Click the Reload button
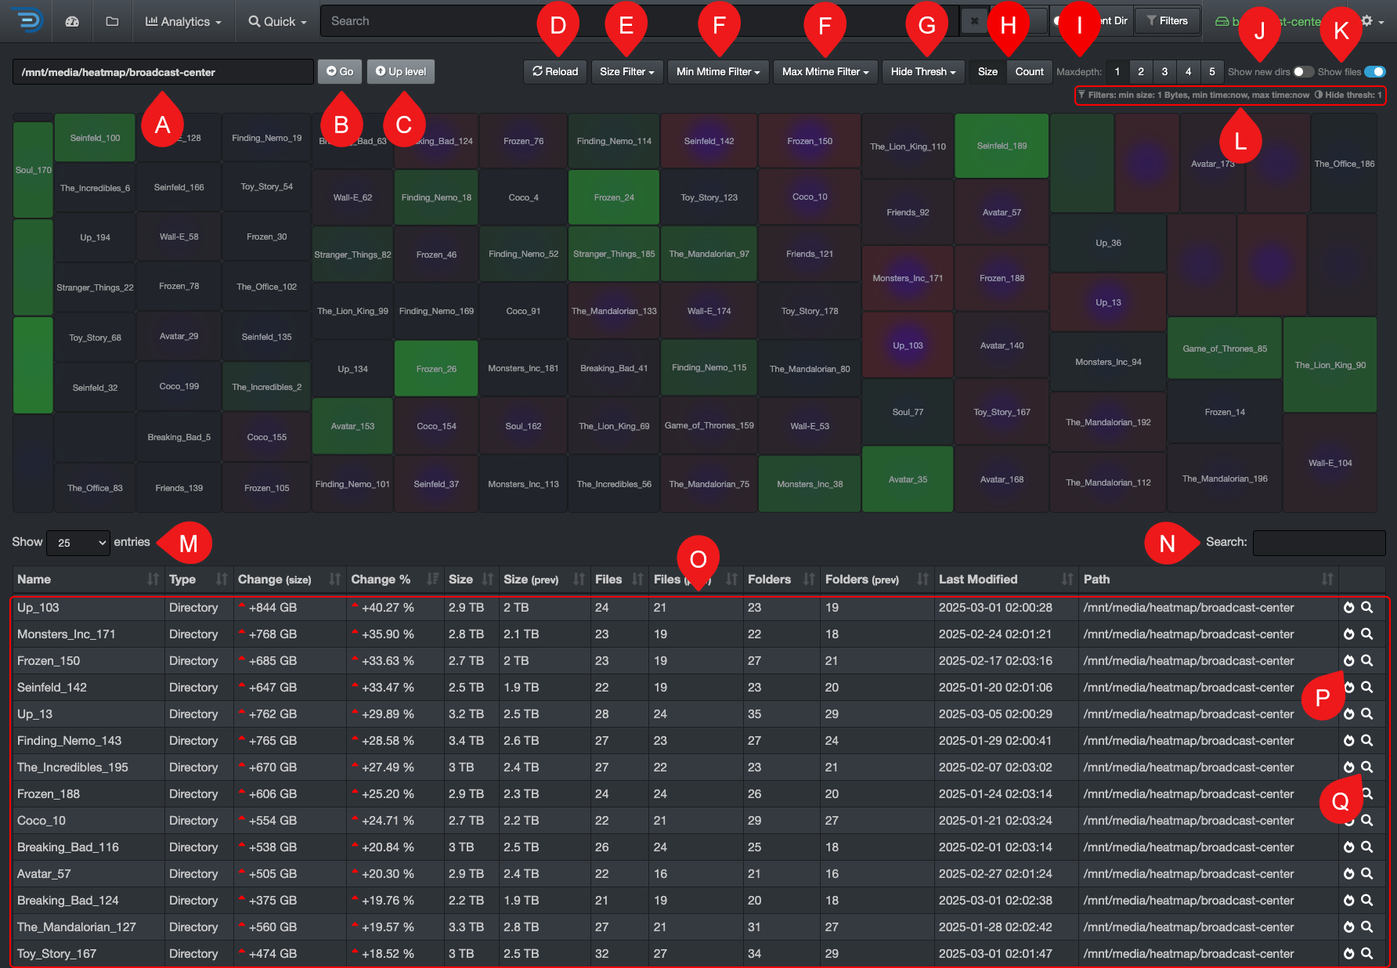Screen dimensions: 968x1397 pos(555,71)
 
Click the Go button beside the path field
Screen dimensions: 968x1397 pos(339,71)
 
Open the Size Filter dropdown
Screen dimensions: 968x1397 pos(626,71)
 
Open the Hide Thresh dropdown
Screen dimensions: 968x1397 pos(922,71)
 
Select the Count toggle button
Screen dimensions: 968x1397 pos(1029,71)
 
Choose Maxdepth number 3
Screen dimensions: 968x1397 pos(1164,71)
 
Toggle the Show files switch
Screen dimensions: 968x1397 pos(1374,71)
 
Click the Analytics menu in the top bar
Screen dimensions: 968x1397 pos(183,21)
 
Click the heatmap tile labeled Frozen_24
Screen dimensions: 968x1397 pos(614,197)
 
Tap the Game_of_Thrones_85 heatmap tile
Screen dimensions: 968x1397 pos(1224,349)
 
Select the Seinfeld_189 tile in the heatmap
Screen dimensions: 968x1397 pos(1002,146)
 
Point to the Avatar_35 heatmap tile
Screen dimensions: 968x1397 pos(908,479)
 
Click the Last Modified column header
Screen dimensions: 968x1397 pos(978,580)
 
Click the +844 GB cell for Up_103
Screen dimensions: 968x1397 pos(273,608)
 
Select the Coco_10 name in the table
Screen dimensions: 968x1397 pos(42,821)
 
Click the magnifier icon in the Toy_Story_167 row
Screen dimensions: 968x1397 pos(1366,953)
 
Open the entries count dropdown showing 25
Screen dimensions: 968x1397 pos(78,543)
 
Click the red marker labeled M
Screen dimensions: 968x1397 pos(188,543)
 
